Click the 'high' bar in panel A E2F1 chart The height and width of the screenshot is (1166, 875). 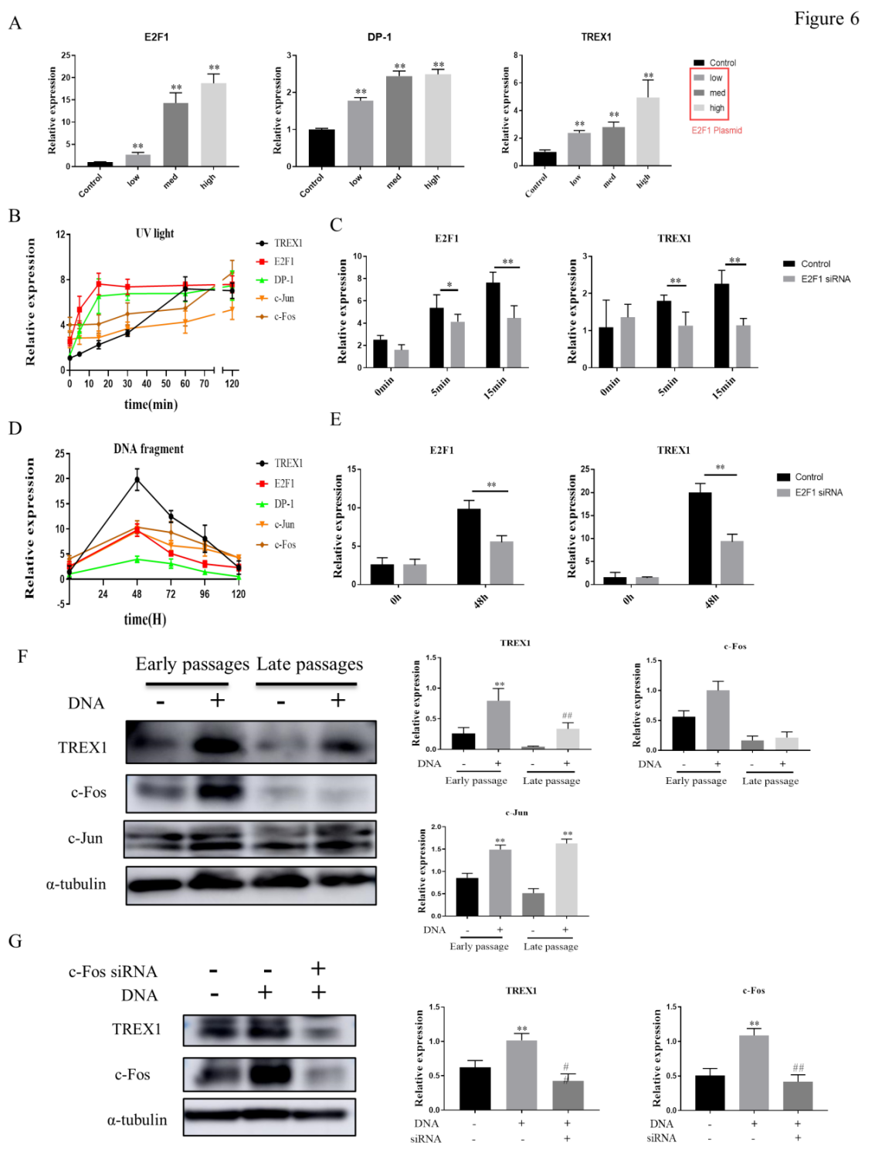click(x=213, y=125)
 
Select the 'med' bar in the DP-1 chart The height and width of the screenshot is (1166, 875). click(x=398, y=121)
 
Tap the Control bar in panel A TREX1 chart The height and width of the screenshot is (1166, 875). click(x=544, y=158)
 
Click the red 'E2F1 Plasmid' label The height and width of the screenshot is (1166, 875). click(x=716, y=130)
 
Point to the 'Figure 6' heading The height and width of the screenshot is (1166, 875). click(x=826, y=19)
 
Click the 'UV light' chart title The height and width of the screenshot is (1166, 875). click(x=154, y=233)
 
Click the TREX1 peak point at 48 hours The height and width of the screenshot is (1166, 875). click(x=137, y=479)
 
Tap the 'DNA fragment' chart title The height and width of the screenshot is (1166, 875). click(x=148, y=448)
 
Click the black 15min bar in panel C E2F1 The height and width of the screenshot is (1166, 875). click(x=493, y=325)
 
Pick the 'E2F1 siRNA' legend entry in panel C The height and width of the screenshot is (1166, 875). click(x=825, y=279)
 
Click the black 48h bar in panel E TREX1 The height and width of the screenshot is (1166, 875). click(x=700, y=538)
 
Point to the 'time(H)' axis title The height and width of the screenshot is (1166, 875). click(x=145, y=619)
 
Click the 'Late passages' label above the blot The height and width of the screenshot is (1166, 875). click(x=309, y=664)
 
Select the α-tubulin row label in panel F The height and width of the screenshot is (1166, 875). click(x=76, y=884)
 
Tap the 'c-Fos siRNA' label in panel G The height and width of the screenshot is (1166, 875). click(x=113, y=972)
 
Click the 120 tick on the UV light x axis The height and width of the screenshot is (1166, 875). click(x=232, y=384)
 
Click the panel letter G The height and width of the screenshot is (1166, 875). click(x=15, y=941)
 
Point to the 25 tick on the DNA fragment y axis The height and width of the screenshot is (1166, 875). click(x=59, y=455)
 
